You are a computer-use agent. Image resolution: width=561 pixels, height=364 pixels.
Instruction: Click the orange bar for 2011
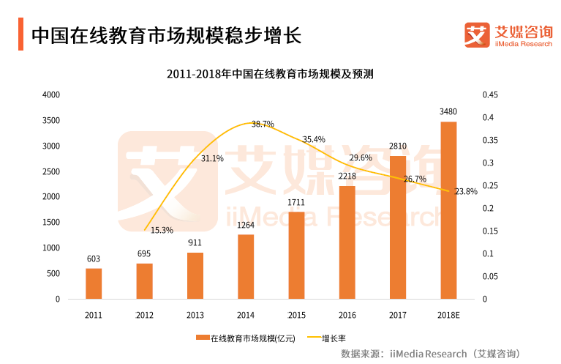coord(94,283)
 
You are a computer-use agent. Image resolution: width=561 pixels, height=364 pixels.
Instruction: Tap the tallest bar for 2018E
coord(448,210)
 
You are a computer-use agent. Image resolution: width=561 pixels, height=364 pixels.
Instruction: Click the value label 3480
coord(448,112)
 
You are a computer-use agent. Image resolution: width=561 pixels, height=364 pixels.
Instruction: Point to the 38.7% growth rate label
coord(263,124)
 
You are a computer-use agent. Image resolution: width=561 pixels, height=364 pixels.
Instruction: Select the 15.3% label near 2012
coord(162,230)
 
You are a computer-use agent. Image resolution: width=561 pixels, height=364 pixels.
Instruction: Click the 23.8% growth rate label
coord(466,191)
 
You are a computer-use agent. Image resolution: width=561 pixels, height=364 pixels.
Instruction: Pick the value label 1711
coord(296,202)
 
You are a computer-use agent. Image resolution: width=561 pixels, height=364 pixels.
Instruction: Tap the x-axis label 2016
coord(347,315)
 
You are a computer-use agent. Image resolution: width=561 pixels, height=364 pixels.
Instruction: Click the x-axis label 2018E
coord(448,315)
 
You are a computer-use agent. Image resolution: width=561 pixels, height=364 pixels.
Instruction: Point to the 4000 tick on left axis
coord(51,95)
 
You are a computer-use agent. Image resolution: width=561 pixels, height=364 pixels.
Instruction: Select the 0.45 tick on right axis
coord(489,95)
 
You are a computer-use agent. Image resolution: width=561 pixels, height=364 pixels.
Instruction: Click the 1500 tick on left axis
coord(51,223)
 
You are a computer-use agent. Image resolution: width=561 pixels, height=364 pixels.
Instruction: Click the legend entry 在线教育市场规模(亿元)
coord(246,338)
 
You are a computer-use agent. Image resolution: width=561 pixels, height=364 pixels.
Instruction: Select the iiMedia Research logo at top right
coord(508,34)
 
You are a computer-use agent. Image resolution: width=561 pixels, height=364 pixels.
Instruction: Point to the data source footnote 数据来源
coord(430,354)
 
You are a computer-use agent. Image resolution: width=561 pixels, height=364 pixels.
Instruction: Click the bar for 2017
coord(398,227)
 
